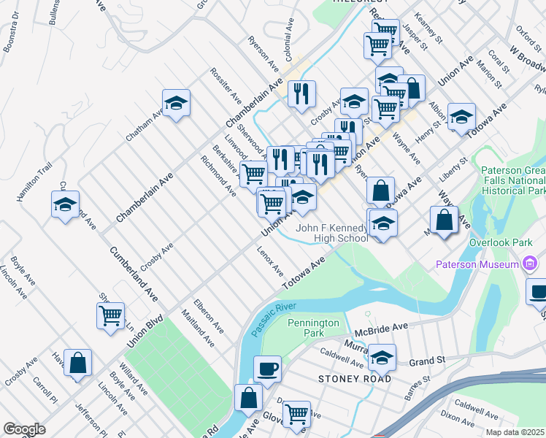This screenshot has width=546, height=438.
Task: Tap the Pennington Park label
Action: tap(314, 328)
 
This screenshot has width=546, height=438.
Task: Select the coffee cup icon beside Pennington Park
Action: tap(267, 369)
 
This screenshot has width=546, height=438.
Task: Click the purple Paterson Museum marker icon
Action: tap(531, 264)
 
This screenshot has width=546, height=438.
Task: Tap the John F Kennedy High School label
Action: tap(331, 233)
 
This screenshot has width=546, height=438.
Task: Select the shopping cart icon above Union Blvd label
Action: tap(110, 315)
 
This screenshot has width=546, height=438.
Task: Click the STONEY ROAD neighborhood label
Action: tap(355, 379)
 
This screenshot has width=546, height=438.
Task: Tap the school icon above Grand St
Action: tap(382, 357)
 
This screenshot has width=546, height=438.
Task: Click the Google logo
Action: tap(24, 429)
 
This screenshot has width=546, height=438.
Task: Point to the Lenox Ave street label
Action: tap(270, 261)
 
